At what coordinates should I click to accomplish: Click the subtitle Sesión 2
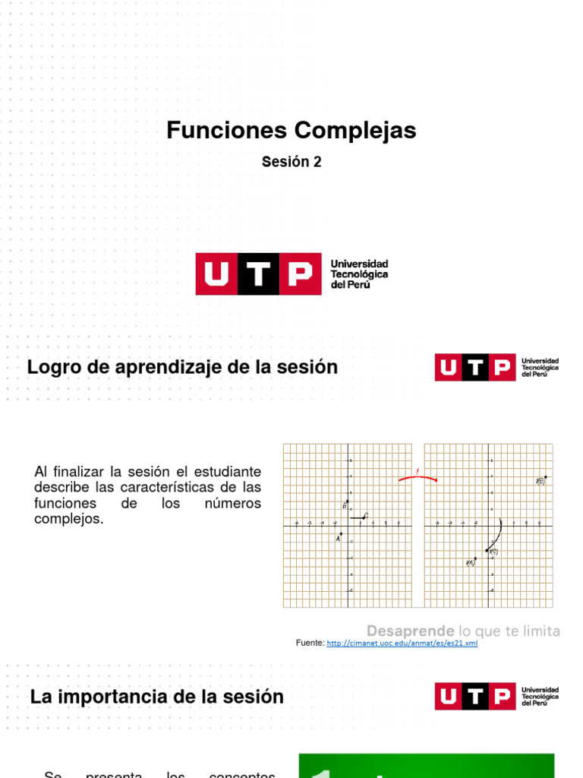(x=291, y=162)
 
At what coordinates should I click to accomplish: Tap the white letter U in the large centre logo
(x=216, y=274)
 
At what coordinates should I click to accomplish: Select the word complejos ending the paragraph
(x=68, y=519)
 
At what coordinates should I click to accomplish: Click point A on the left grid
(x=342, y=534)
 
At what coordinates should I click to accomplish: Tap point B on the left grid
(x=347, y=502)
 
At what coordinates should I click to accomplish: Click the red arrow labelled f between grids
(x=418, y=477)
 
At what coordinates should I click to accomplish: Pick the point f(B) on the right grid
(x=545, y=478)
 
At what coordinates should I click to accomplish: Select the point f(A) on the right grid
(x=474, y=561)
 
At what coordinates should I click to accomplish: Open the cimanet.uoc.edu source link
(x=402, y=644)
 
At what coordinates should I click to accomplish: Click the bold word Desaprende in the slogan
(x=410, y=631)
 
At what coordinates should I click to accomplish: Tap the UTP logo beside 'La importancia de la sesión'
(x=496, y=696)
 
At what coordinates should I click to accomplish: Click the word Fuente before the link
(x=309, y=644)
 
